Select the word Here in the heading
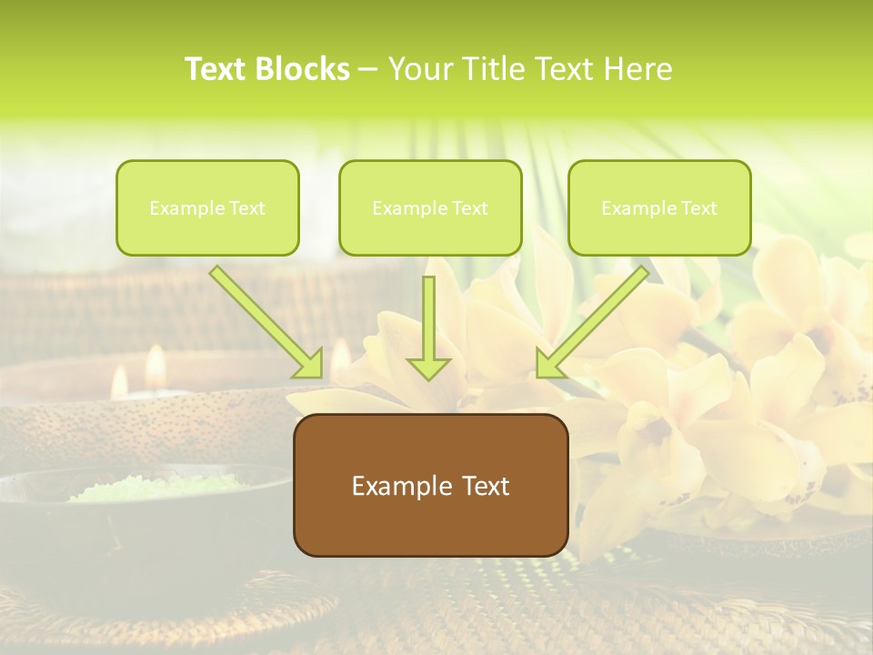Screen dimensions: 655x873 tap(640, 69)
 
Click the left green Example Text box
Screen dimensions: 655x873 tap(207, 207)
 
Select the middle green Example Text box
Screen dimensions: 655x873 tap(430, 207)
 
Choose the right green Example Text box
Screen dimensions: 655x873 tap(659, 207)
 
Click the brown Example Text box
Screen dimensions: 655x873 tap(430, 485)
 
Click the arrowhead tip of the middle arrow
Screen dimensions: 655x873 tap(428, 378)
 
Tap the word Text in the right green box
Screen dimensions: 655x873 tap(698, 208)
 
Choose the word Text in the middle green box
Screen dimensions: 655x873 tap(469, 208)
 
